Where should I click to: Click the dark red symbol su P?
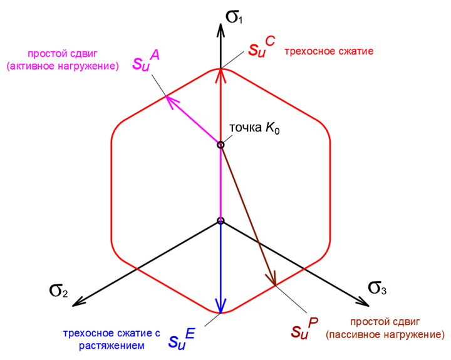point(306,329)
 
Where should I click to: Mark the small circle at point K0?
point(220,145)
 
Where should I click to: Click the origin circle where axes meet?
point(220,220)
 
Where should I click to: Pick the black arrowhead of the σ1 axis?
point(220,29)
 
